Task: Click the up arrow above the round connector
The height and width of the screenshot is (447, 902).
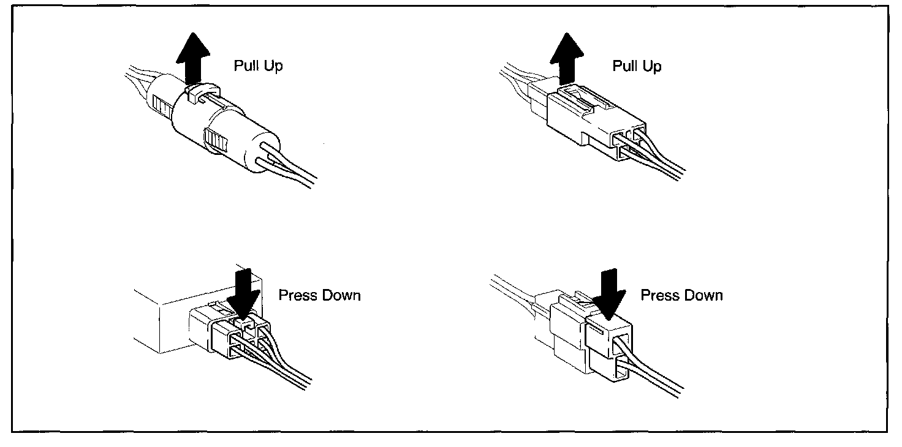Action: (193, 58)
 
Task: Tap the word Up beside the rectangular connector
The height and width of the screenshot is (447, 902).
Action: (652, 67)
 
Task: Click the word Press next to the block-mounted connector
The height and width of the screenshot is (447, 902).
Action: (298, 295)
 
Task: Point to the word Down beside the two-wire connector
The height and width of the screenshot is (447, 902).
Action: (703, 295)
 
